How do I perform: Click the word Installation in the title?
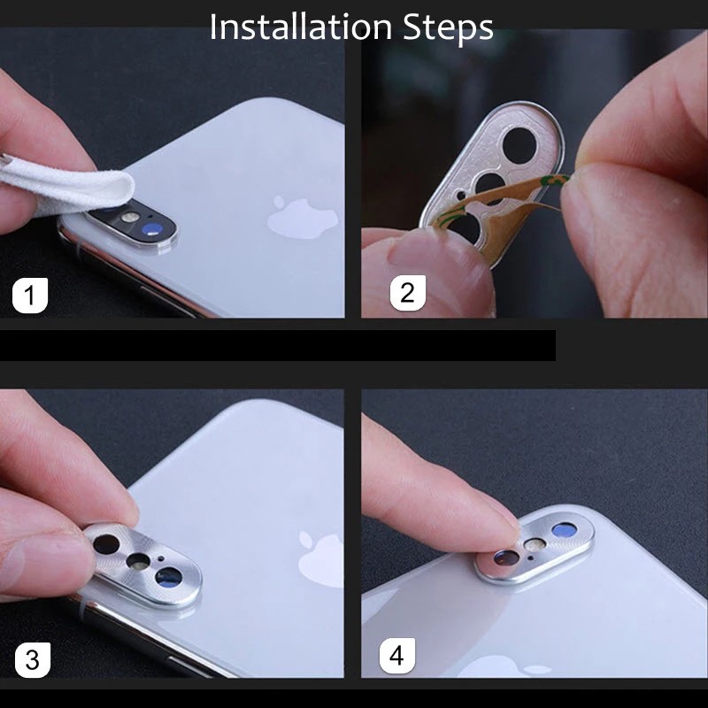[x=300, y=27]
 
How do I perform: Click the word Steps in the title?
[x=448, y=28]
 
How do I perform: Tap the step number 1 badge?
[x=30, y=296]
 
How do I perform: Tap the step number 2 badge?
[x=408, y=293]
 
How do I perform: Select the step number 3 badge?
[x=33, y=660]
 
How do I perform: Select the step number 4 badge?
[x=396, y=656]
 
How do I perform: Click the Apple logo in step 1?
[x=302, y=218]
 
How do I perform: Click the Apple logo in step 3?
[x=320, y=559]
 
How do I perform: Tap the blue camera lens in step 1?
[x=150, y=230]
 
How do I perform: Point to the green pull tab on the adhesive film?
[x=556, y=181]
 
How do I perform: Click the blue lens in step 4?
[x=565, y=530]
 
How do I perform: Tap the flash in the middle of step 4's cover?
[x=535, y=544]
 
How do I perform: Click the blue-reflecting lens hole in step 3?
[x=168, y=578]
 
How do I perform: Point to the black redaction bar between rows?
[x=277, y=345]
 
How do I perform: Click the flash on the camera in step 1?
[x=129, y=217]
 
